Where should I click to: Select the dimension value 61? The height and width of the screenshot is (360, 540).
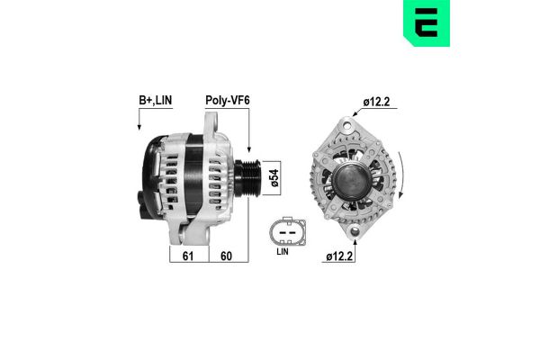click(189, 256)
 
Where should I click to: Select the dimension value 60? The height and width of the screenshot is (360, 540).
click(228, 256)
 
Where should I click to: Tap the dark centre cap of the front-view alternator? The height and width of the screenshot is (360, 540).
click(352, 179)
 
